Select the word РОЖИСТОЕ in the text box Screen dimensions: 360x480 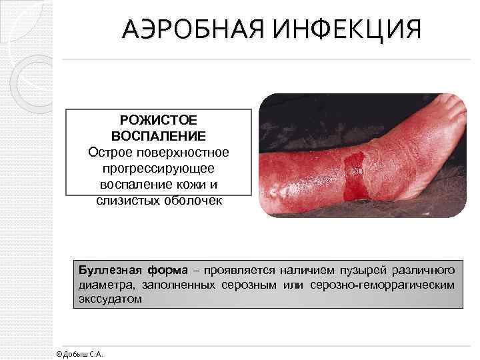click(159, 121)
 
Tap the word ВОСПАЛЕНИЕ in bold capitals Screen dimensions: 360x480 click(159, 137)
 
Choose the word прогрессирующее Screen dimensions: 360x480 click(159, 168)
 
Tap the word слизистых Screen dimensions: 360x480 click(121, 200)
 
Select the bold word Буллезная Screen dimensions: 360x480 click(107, 270)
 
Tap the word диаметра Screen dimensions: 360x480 click(102, 285)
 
